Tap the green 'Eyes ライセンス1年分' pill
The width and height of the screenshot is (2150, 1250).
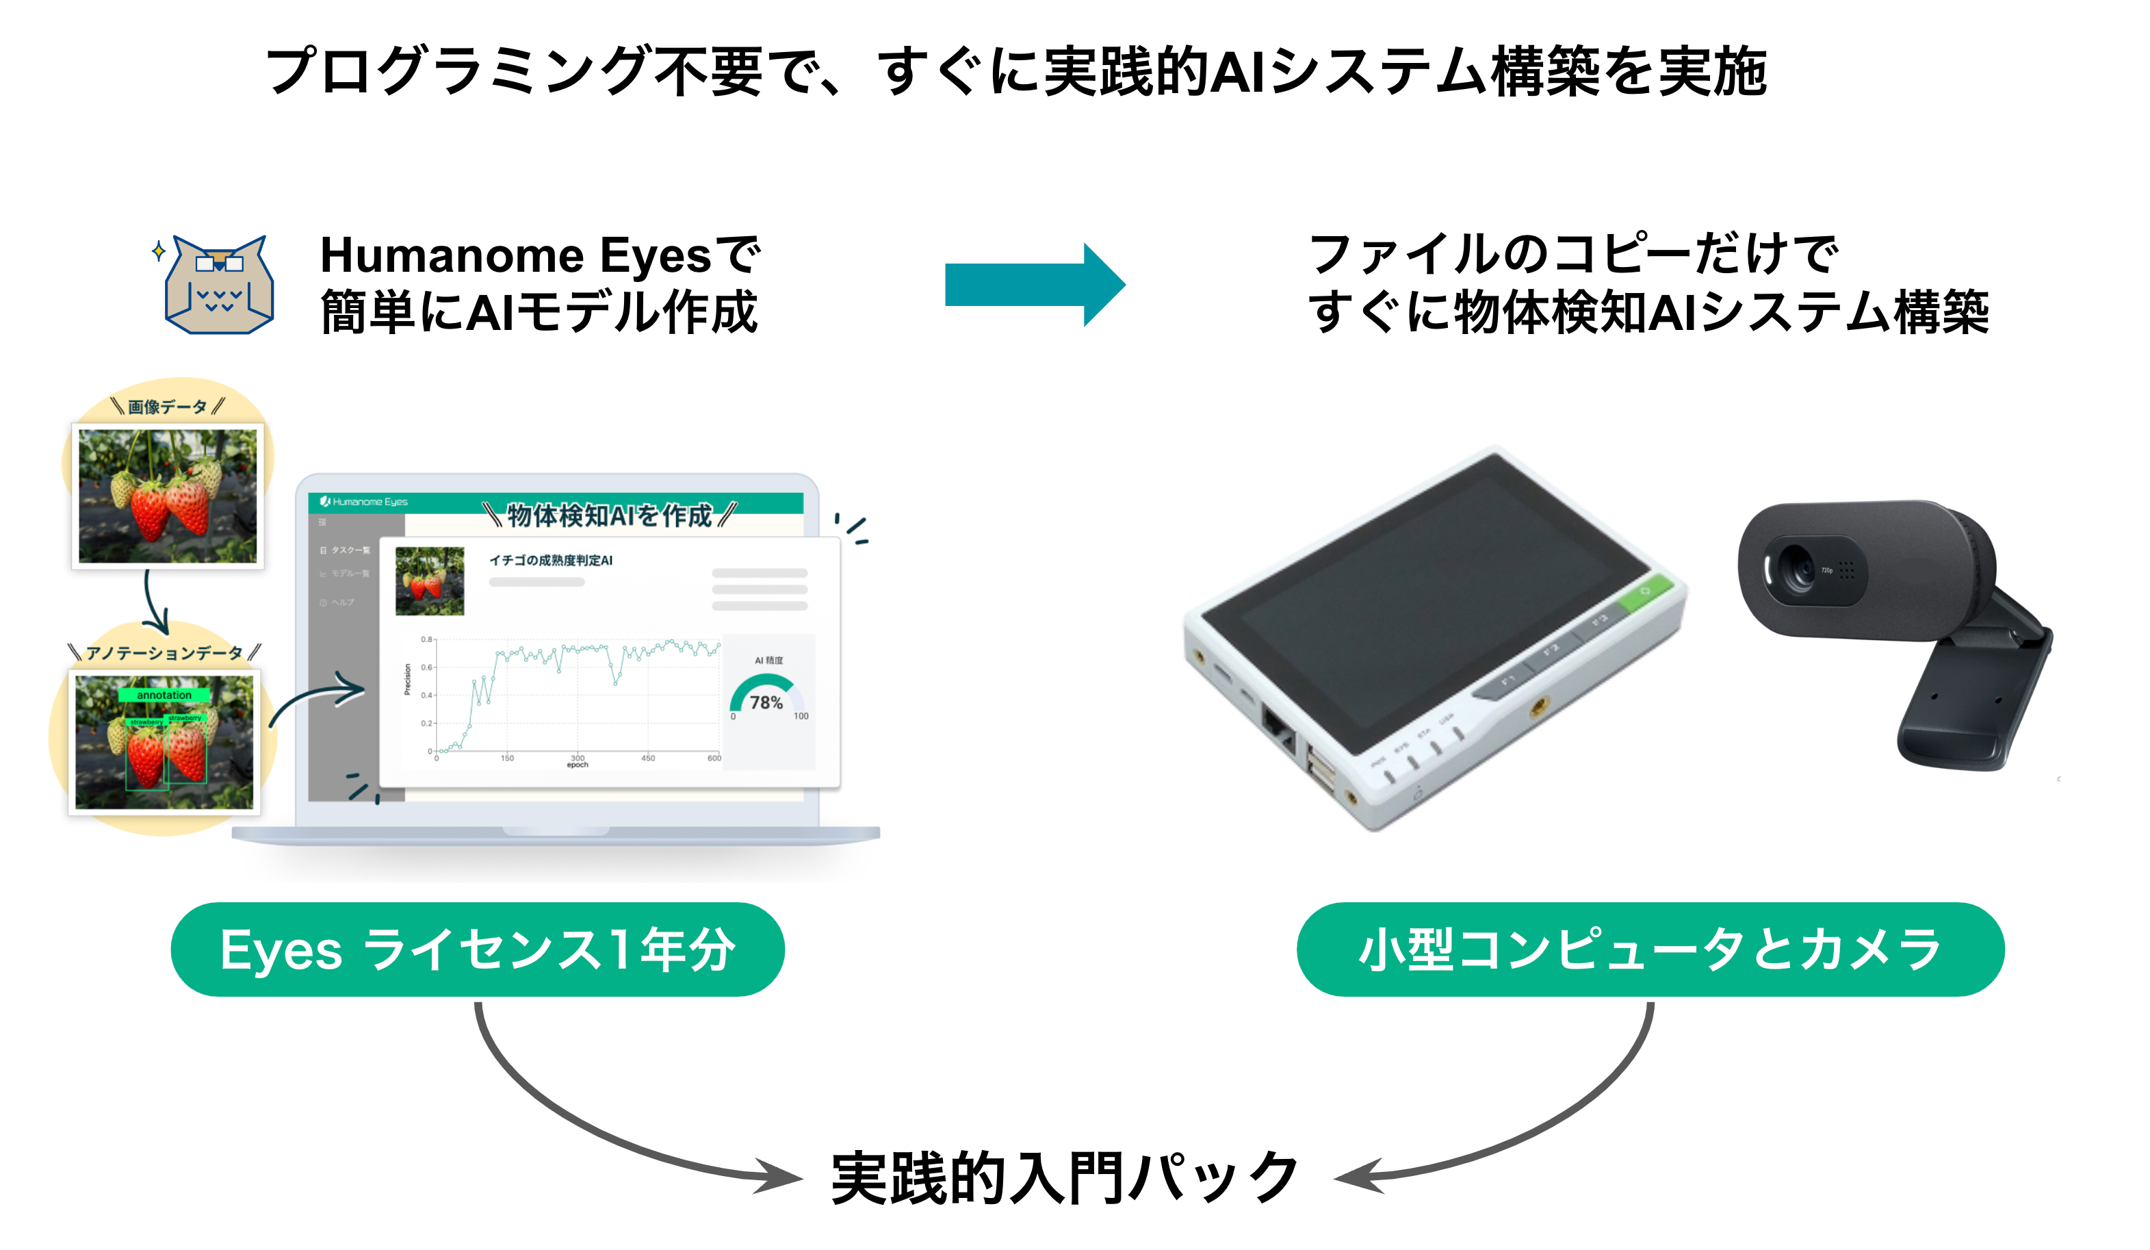(477, 949)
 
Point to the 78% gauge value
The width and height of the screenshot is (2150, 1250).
(765, 702)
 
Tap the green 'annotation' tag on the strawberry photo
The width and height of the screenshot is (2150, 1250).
(164, 695)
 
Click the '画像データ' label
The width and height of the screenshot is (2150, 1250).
(167, 407)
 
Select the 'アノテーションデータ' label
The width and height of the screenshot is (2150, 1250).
(164, 653)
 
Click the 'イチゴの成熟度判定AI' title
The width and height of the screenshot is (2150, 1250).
(550, 560)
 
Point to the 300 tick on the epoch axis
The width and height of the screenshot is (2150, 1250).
(578, 757)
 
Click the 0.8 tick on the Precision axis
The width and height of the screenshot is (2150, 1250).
(426, 639)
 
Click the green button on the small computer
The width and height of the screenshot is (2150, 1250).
(1644, 592)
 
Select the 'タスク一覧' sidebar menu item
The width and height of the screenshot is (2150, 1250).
(349, 550)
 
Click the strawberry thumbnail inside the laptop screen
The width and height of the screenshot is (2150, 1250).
(429, 581)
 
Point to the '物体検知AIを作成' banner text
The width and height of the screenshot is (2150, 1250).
(608, 515)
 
